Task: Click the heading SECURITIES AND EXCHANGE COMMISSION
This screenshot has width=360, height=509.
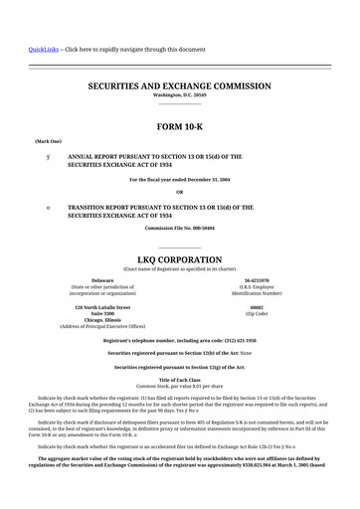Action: click(180, 86)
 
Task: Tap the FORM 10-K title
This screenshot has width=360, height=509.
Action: click(180, 125)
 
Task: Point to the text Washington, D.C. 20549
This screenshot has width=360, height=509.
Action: click(180, 96)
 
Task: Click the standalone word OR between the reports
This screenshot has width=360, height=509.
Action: click(180, 192)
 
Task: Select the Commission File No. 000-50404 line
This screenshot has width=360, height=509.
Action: click(180, 228)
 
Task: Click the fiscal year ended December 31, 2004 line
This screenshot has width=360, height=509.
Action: click(180, 179)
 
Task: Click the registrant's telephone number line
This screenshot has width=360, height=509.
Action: click(180, 340)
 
